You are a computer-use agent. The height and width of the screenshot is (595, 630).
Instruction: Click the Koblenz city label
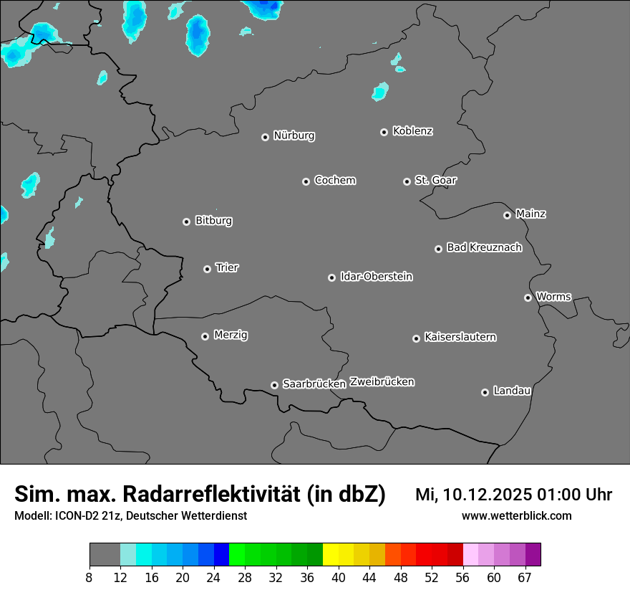tap(412, 131)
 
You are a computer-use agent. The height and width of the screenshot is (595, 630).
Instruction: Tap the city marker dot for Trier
tap(208, 269)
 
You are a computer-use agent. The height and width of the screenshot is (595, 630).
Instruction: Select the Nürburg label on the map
tap(294, 135)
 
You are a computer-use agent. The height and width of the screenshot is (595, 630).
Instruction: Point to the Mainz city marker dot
tap(507, 215)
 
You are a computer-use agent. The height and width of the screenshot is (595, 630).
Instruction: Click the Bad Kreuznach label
tap(484, 247)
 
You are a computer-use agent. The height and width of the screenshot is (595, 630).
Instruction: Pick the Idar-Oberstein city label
tap(376, 277)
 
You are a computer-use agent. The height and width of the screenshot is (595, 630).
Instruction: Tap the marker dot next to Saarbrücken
tap(274, 385)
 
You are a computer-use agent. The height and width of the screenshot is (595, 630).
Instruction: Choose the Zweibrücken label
tap(382, 382)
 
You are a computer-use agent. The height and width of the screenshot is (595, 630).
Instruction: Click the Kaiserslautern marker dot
tap(416, 338)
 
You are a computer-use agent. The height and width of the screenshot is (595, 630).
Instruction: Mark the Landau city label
tap(512, 391)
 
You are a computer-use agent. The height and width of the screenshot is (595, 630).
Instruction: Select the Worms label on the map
tap(553, 296)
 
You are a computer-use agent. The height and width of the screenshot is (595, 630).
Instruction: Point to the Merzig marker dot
tap(205, 336)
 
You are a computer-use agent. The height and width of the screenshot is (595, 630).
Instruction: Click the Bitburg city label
tap(213, 221)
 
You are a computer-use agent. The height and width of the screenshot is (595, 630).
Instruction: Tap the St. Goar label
tap(435, 180)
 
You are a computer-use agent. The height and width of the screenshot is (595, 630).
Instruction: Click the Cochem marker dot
tap(306, 181)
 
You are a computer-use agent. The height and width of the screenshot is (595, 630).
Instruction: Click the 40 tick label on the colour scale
tap(339, 577)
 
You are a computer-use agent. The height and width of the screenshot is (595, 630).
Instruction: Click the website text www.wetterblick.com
tap(516, 515)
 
